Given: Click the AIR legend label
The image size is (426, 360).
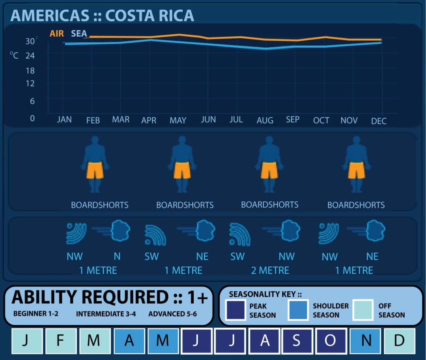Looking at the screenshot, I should point(56,34).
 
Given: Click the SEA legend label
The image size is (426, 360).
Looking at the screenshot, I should point(79,34).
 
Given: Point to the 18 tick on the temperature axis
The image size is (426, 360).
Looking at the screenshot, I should point(30,71).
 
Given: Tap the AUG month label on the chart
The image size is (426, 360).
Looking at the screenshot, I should point(265,120).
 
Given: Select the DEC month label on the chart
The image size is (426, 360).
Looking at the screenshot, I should point(379,121).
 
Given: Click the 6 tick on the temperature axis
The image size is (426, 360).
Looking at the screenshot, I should point(32,101).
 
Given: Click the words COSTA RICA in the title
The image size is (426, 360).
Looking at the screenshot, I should point(150,15).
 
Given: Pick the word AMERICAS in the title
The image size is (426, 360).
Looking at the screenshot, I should point(50,15).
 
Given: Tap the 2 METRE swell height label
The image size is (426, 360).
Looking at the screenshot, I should point(270,270).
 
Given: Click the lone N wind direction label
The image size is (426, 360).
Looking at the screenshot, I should point(117,257).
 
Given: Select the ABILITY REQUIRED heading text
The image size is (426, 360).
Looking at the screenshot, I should point(90,297).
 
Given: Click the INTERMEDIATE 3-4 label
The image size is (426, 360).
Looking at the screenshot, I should point(106,314).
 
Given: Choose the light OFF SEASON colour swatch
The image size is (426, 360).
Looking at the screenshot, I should point(363,310).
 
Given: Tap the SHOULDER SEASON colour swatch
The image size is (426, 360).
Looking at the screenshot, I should point(298,310).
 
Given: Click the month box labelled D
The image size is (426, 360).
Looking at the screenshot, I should point(400,341).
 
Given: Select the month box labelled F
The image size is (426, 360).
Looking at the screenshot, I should point(60,341).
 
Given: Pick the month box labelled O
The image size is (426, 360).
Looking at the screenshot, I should point(329,341).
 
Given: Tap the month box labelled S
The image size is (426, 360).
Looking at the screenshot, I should point(297,341).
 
